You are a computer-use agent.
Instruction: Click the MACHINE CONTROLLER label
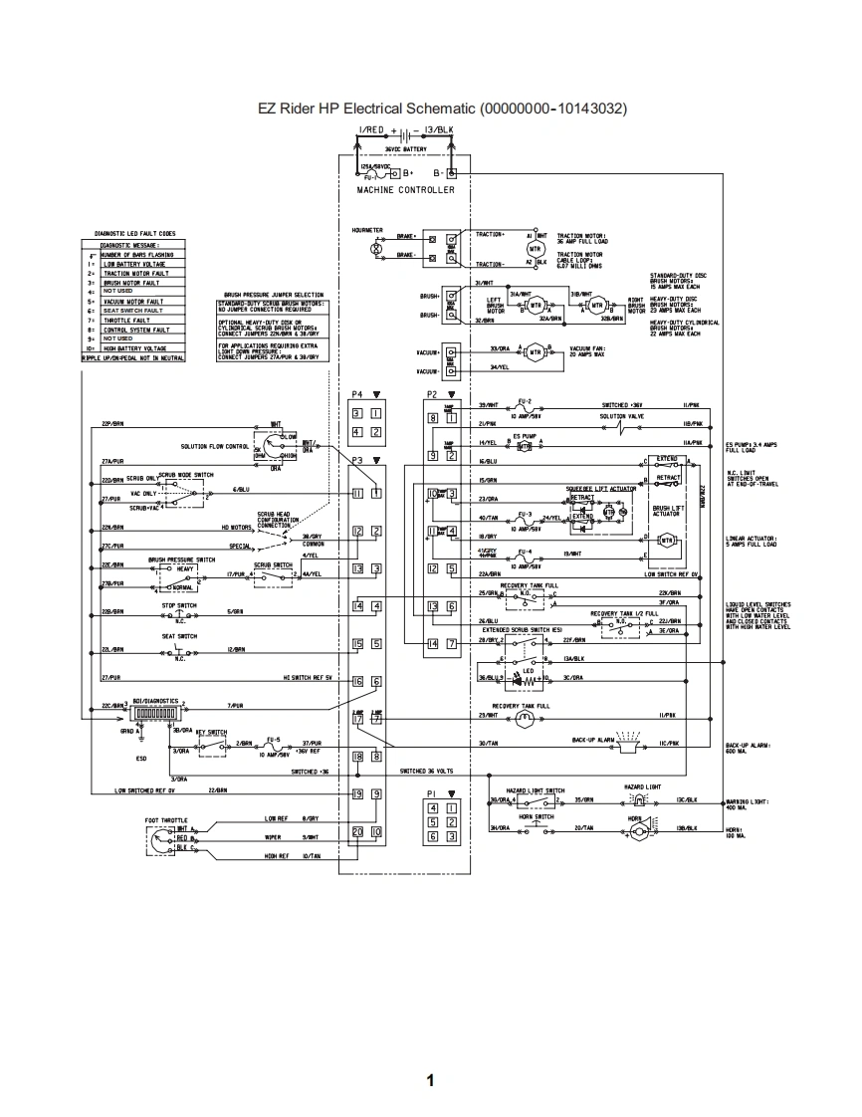(x=405, y=190)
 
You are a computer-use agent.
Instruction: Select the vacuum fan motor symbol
(x=536, y=351)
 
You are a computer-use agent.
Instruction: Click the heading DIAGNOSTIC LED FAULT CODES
(x=134, y=233)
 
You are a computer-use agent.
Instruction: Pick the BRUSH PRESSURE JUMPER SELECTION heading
(x=274, y=296)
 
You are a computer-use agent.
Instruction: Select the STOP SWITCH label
(x=179, y=604)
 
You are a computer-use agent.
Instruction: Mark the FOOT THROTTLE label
(x=166, y=820)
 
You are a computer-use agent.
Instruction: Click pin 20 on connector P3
(x=358, y=831)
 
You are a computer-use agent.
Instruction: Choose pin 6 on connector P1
(x=434, y=836)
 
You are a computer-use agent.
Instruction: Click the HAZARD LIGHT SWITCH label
(x=539, y=790)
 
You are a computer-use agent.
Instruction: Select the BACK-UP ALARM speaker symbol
(x=628, y=741)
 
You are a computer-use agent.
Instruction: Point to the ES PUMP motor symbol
(x=524, y=446)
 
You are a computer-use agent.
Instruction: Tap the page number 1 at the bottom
(x=430, y=1080)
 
